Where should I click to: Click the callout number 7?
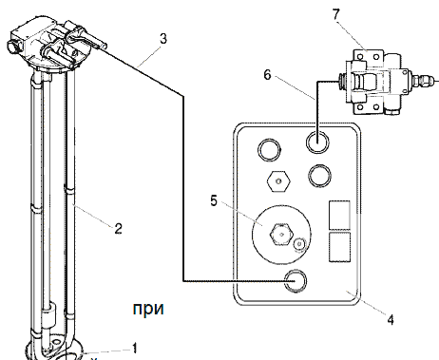[336, 14]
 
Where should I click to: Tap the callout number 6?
[268, 75]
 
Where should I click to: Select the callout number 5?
[214, 200]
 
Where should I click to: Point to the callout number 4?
[391, 319]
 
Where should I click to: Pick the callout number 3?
[162, 39]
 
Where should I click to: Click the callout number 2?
[118, 228]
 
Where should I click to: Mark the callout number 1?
[135, 348]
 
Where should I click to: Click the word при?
[148, 309]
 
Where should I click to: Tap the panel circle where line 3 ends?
[296, 281]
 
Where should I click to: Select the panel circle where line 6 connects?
[317, 142]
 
